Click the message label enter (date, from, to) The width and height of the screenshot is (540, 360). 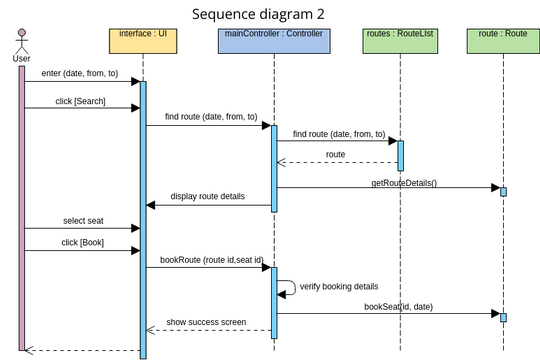point(80,73)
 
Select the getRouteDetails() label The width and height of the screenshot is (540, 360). point(404,183)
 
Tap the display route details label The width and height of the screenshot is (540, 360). point(207,196)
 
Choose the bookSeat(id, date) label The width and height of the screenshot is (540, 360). point(400,308)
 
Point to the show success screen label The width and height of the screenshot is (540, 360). point(207,321)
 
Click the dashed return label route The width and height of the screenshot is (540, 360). point(335,155)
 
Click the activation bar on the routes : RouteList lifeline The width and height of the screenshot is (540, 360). point(400,155)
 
